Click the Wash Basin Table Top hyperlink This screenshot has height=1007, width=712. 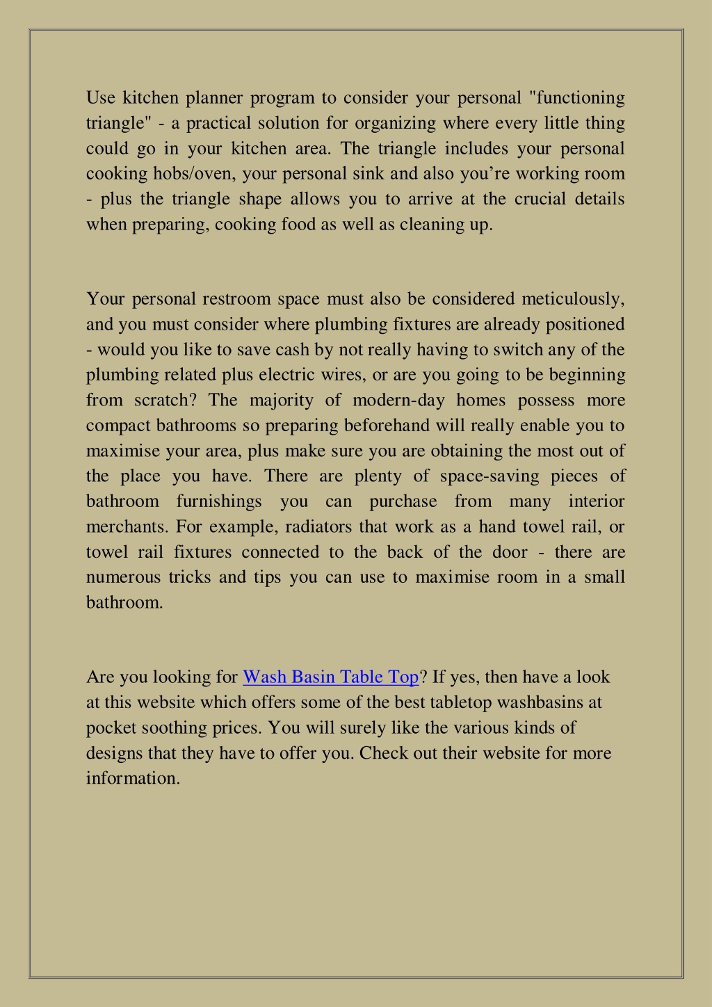click(330, 677)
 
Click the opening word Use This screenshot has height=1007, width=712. click(100, 97)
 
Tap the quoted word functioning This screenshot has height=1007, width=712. click(579, 97)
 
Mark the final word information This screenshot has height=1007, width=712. click(133, 778)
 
